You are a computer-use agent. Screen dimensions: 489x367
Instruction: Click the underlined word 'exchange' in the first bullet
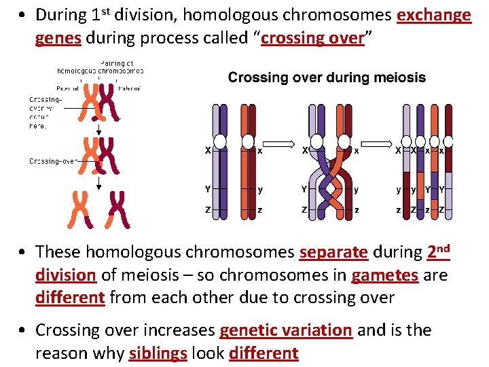(x=433, y=15)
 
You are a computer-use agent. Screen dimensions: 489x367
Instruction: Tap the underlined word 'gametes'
(x=384, y=275)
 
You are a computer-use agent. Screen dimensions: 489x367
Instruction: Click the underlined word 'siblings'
(x=160, y=353)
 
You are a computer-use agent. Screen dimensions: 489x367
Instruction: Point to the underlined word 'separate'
(x=333, y=252)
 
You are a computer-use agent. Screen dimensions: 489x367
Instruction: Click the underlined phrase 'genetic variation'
(x=285, y=330)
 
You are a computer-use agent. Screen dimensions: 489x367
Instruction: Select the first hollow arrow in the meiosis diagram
(x=277, y=144)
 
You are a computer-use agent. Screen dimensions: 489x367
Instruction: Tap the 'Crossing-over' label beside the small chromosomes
(x=52, y=161)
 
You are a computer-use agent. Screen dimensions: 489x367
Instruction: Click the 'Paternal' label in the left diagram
(x=68, y=88)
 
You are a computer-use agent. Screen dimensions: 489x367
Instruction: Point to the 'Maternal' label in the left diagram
(x=128, y=88)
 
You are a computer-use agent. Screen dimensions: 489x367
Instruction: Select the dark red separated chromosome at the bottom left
(x=118, y=208)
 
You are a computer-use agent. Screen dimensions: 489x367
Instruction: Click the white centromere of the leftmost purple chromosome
(x=220, y=142)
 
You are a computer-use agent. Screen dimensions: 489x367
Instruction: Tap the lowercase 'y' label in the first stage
(x=259, y=189)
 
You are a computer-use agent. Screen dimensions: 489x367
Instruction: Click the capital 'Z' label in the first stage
(x=208, y=210)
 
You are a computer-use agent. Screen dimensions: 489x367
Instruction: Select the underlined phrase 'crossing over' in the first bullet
(x=312, y=38)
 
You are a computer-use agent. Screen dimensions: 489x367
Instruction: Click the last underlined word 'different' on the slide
(x=264, y=353)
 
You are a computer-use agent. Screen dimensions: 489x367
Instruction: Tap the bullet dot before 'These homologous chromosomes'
(x=23, y=253)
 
